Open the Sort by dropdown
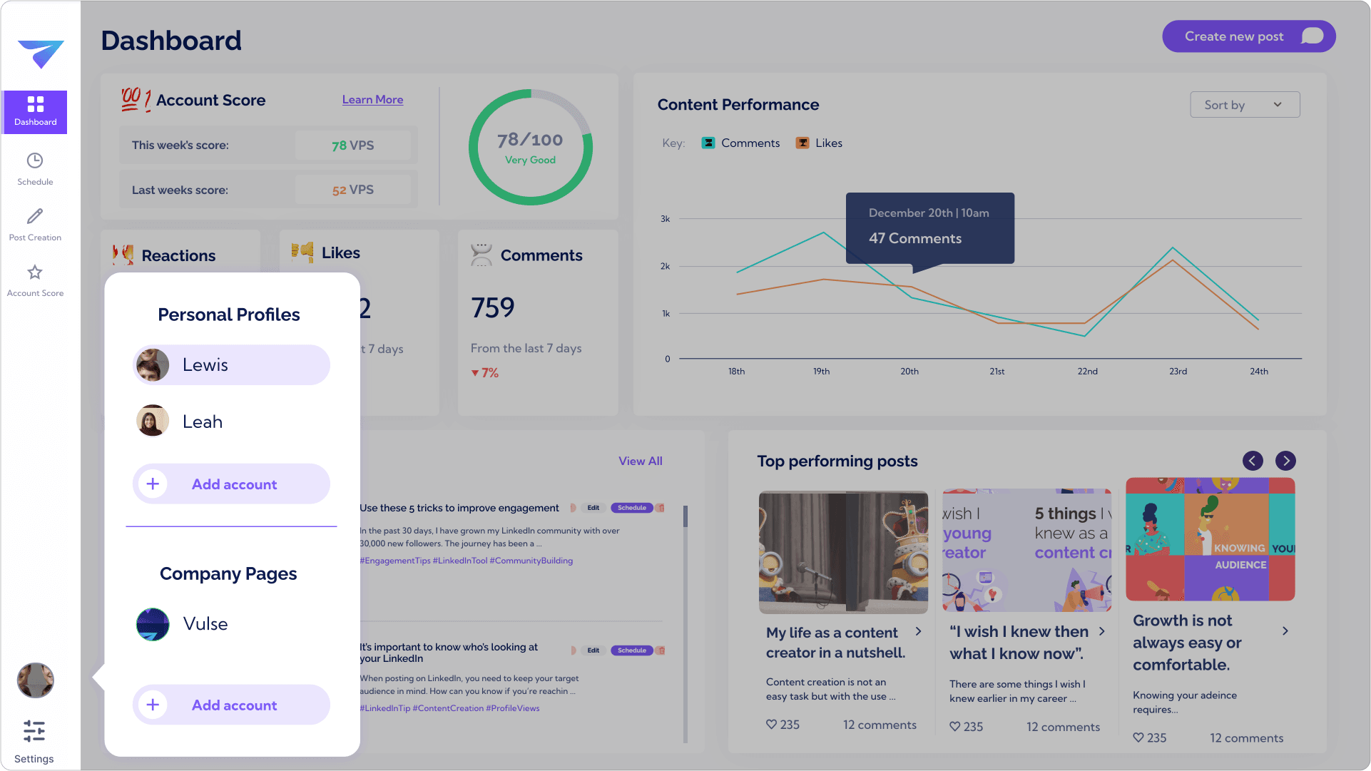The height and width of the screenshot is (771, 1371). (1245, 105)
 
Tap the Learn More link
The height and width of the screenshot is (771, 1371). (372, 100)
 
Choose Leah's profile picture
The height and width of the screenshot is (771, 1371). (153, 421)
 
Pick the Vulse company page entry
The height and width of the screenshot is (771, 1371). (205, 624)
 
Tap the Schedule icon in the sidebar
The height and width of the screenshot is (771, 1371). (35, 161)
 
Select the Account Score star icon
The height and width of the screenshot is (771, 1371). (35, 272)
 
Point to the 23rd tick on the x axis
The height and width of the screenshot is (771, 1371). (1178, 372)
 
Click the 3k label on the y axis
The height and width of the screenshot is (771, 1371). (665, 219)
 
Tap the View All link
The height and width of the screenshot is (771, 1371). (640, 461)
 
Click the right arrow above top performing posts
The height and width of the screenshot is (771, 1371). (1285, 461)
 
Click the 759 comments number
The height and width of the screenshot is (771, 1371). (493, 308)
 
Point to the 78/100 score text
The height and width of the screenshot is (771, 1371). (530, 140)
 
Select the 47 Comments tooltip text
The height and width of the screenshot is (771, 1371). (915, 239)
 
